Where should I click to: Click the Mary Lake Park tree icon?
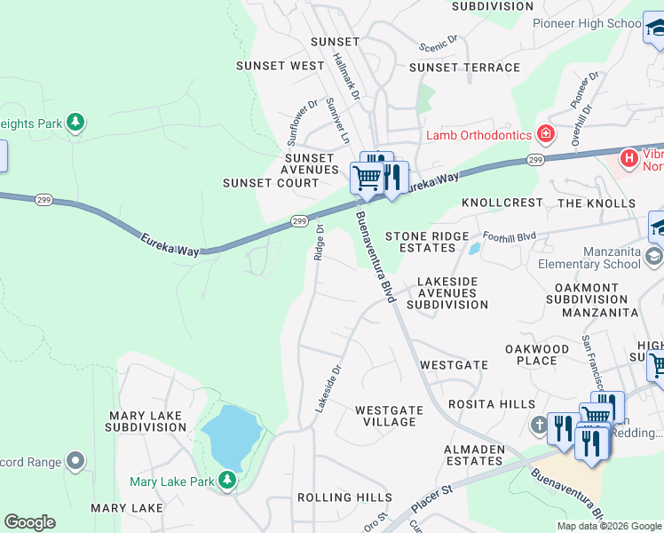(228, 481)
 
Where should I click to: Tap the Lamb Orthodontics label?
(478, 135)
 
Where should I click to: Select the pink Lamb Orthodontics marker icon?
(545, 135)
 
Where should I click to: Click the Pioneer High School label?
(586, 24)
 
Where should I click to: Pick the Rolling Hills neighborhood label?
(344, 497)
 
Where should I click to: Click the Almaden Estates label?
(474, 455)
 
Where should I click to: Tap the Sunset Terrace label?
(464, 68)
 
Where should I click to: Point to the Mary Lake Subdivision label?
(146, 421)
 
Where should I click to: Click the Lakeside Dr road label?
(328, 387)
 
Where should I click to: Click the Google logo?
(29, 522)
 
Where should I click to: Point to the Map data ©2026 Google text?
(608, 526)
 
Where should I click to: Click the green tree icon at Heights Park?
(76, 122)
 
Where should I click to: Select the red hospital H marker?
(629, 159)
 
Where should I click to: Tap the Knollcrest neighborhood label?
(502, 203)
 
